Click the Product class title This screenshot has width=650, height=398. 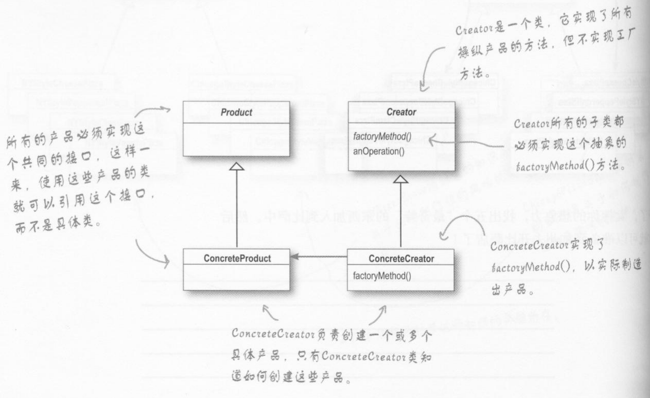point(236,112)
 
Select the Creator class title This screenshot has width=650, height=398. point(401,112)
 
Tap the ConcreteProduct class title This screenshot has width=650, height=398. point(237,258)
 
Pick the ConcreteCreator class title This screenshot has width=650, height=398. point(401,259)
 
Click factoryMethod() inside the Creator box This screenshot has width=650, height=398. point(382,136)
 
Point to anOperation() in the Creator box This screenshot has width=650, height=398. point(379,151)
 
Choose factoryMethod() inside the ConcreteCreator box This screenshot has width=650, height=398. point(382,276)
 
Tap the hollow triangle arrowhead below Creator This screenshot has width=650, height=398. point(401,179)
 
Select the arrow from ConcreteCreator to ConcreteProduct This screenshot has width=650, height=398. point(319,256)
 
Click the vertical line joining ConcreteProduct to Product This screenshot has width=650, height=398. point(237,209)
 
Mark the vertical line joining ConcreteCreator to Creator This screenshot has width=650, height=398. point(401,216)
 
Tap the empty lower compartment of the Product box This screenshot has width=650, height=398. point(236,140)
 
